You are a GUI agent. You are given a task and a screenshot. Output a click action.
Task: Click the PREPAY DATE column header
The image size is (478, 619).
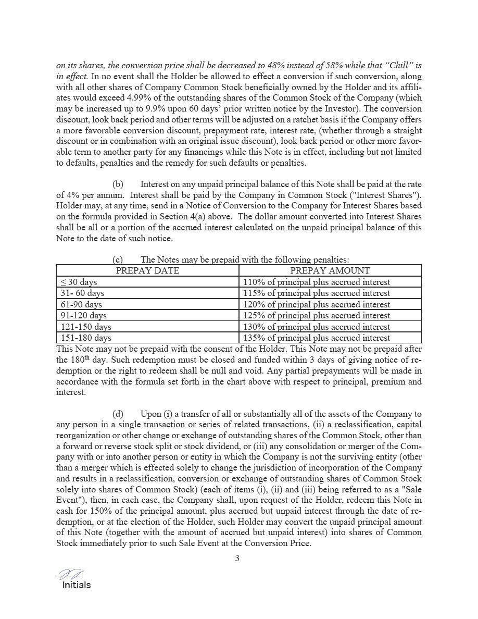[147, 270]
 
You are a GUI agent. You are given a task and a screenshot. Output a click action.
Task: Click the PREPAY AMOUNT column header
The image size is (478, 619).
[330, 270]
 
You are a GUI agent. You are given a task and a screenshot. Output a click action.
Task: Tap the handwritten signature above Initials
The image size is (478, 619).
[70, 574]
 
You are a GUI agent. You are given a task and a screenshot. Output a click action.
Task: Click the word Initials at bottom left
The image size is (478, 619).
[76, 585]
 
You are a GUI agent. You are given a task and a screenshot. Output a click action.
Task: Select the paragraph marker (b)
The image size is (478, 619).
[118, 184]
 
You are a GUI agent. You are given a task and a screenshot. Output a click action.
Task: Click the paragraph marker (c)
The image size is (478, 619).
[118, 259]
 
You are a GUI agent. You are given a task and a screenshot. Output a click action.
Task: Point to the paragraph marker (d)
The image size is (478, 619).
[118, 414]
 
